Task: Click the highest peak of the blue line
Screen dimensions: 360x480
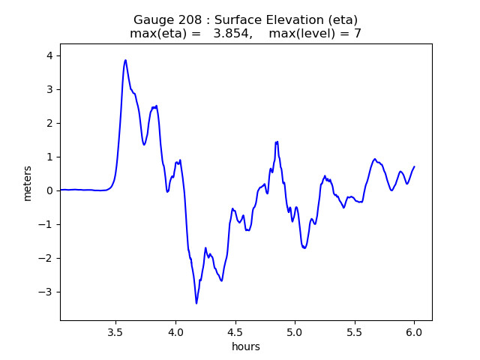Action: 125,61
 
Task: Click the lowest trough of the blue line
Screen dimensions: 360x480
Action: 196,303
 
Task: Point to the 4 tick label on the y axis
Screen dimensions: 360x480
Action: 49,55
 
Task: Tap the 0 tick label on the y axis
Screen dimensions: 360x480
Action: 49,190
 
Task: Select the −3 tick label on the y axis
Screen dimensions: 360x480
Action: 46,292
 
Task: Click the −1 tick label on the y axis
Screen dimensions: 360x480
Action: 46,224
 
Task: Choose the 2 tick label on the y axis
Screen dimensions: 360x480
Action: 49,123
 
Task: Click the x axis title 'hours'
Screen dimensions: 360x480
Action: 246,346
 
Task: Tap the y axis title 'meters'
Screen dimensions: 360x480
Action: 28,183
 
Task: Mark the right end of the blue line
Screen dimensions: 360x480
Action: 414,166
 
